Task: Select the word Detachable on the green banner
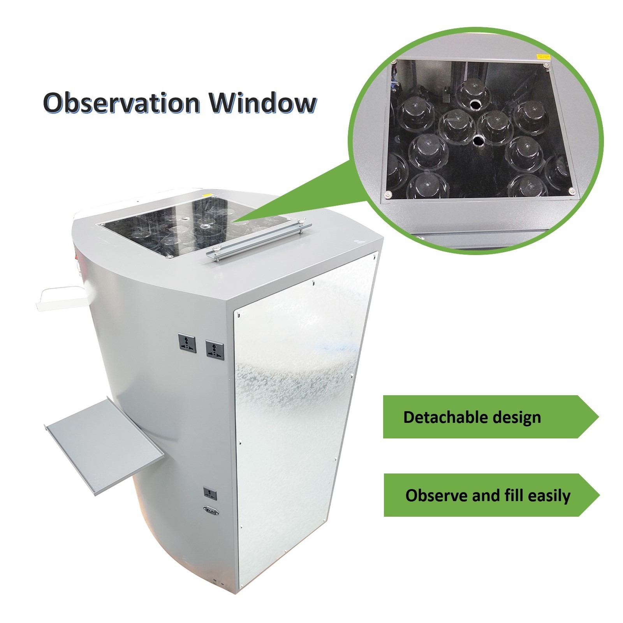(x=445, y=417)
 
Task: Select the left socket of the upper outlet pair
(x=187, y=341)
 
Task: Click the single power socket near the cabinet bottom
(x=211, y=494)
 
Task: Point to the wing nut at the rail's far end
(x=301, y=223)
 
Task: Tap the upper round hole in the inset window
(x=476, y=105)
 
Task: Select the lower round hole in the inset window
(x=479, y=140)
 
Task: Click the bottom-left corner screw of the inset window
(x=388, y=195)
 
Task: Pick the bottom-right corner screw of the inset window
(x=572, y=190)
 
